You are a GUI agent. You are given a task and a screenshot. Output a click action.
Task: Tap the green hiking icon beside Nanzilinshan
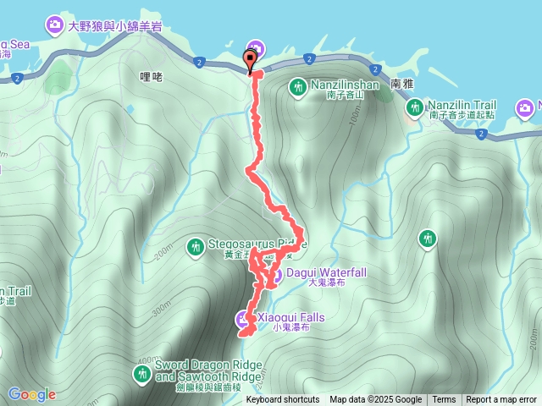click(x=298, y=86)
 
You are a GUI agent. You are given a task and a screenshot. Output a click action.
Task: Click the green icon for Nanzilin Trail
click(x=414, y=107)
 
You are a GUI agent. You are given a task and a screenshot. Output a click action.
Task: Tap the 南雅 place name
click(x=402, y=85)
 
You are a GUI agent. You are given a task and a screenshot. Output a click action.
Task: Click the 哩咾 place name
click(x=150, y=76)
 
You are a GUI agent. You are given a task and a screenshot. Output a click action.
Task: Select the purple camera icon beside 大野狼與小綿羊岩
click(x=55, y=25)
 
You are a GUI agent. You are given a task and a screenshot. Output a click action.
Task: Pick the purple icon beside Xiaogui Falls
click(x=241, y=319)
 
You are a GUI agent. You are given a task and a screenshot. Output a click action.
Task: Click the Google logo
click(x=32, y=394)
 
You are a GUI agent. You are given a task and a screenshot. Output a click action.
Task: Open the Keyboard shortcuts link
click(x=282, y=400)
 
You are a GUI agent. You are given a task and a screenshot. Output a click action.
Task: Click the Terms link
click(x=444, y=400)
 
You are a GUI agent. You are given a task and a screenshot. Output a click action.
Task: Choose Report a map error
click(x=501, y=400)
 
